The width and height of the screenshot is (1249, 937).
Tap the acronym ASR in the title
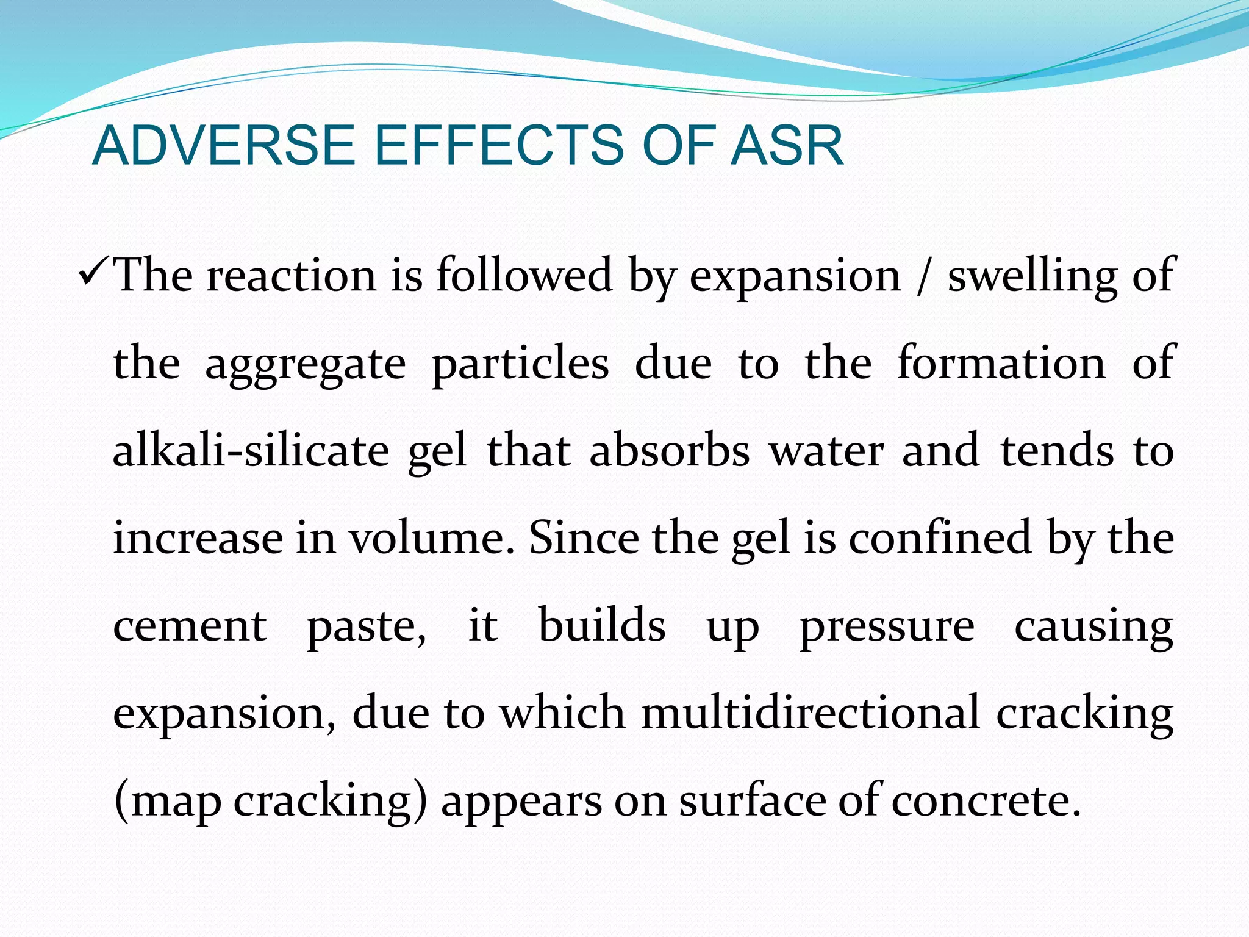(x=787, y=146)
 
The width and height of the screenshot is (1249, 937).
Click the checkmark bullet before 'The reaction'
(x=94, y=274)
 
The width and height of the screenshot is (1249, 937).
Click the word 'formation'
(x=1001, y=362)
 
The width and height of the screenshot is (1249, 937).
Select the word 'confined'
(x=940, y=537)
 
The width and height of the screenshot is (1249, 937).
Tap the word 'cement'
(x=190, y=626)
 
